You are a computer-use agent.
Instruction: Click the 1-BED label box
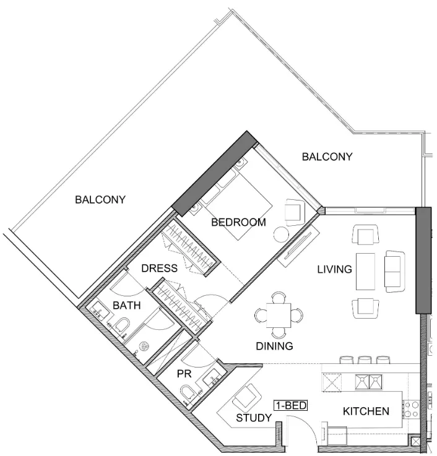pos(291,405)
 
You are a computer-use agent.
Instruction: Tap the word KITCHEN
pos(366,411)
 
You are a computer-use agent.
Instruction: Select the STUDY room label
pos(254,418)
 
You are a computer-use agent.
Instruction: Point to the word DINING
pos(274,346)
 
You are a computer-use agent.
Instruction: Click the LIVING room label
pos(335,269)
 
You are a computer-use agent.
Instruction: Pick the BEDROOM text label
pos(238,223)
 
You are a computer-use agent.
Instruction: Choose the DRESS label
pos(160,268)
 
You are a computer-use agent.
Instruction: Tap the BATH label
pos(127,306)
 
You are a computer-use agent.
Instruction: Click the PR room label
pos(184,374)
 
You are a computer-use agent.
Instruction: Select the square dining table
pos(279,316)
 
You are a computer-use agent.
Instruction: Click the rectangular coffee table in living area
pos(365,272)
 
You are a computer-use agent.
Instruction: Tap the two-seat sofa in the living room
pos(395,272)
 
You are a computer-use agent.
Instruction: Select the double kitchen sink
pos(369,382)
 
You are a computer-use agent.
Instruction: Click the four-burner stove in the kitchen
pos(411,410)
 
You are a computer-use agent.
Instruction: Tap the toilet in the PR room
pos(188,394)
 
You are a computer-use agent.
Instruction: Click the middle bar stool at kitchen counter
pos(365,360)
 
